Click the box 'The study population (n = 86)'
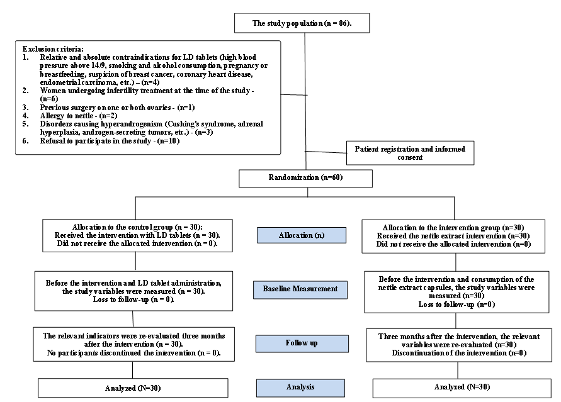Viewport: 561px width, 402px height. tap(302, 23)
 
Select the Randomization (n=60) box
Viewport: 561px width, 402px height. tap(305, 178)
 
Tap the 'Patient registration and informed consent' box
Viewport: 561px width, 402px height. tap(410, 153)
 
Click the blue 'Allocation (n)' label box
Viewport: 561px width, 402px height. tap(302, 235)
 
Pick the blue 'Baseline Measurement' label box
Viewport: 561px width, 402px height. tap(300, 289)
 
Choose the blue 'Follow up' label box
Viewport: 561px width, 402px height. tap(302, 343)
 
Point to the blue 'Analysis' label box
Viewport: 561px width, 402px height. tap(300, 388)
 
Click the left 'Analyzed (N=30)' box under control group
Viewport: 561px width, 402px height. tap(133, 388)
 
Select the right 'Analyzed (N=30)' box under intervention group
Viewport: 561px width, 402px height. tap(462, 388)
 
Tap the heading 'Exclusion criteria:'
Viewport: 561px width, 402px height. tap(53, 49)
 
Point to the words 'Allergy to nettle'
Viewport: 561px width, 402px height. tap(67, 116)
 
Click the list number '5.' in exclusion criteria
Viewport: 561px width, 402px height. tap(25, 124)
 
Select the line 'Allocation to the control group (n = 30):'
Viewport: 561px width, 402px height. tap(137, 227)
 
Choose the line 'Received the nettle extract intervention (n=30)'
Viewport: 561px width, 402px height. tap(453, 236)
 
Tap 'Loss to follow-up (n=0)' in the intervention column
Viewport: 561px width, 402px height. tap(457, 304)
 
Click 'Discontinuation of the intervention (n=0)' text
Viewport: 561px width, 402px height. tap(459, 353)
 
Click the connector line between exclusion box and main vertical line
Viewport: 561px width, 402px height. tap(293, 95)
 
